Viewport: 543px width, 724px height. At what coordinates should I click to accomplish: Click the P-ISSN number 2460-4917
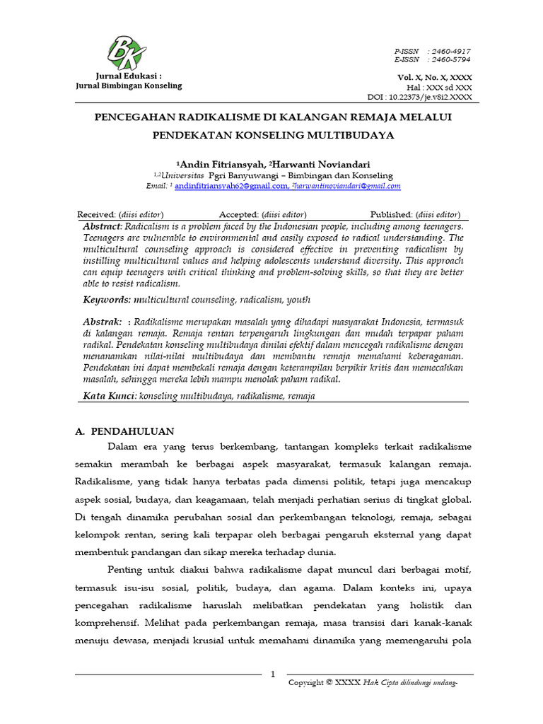click(x=452, y=52)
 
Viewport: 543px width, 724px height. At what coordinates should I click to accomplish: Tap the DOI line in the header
click(x=421, y=97)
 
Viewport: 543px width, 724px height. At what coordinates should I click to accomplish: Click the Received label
click(x=96, y=214)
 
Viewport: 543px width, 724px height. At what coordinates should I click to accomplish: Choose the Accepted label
click(x=239, y=214)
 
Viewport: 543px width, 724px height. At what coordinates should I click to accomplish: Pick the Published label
click(x=392, y=214)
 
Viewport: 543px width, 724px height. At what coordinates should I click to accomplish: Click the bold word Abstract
click(x=103, y=226)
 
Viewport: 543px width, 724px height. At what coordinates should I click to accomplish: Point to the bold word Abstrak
click(x=102, y=322)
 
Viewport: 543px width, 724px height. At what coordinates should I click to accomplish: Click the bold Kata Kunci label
click(x=110, y=396)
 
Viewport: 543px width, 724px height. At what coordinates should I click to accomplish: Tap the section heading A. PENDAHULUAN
click(x=124, y=431)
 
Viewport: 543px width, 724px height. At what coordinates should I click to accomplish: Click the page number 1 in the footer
click(x=273, y=675)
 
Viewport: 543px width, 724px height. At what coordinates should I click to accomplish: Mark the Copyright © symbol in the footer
click(x=329, y=683)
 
